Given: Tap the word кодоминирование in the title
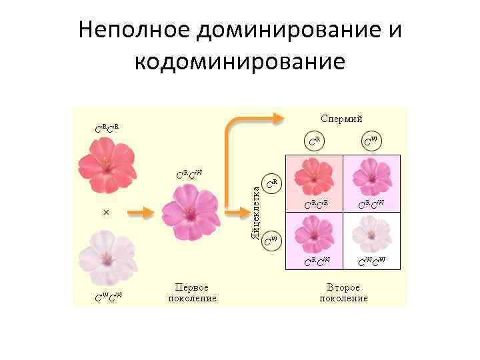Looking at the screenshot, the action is coord(240,61).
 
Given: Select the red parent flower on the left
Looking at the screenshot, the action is coord(106,164).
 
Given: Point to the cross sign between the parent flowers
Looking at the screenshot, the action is coord(106,212).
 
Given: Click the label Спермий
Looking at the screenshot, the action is coord(342,119).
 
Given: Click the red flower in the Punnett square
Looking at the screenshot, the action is coord(313,177).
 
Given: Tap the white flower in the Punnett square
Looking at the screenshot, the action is coord(371,233).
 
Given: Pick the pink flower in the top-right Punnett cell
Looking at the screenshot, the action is coord(371,177).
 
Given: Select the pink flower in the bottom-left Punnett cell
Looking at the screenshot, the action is coord(313,233).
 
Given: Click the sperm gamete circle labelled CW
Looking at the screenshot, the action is coord(371,141).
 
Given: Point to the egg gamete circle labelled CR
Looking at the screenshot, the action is coord(271,183).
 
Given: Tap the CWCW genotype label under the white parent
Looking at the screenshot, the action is coord(107,297).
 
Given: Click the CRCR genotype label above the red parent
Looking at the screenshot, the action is coord(106,127).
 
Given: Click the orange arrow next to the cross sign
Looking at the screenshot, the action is coord(141,213).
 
